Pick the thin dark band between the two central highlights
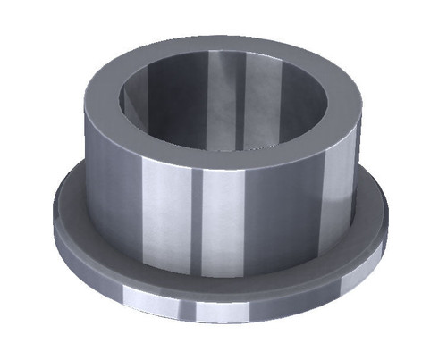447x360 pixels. point(194,223)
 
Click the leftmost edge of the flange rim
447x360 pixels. point(55,223)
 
